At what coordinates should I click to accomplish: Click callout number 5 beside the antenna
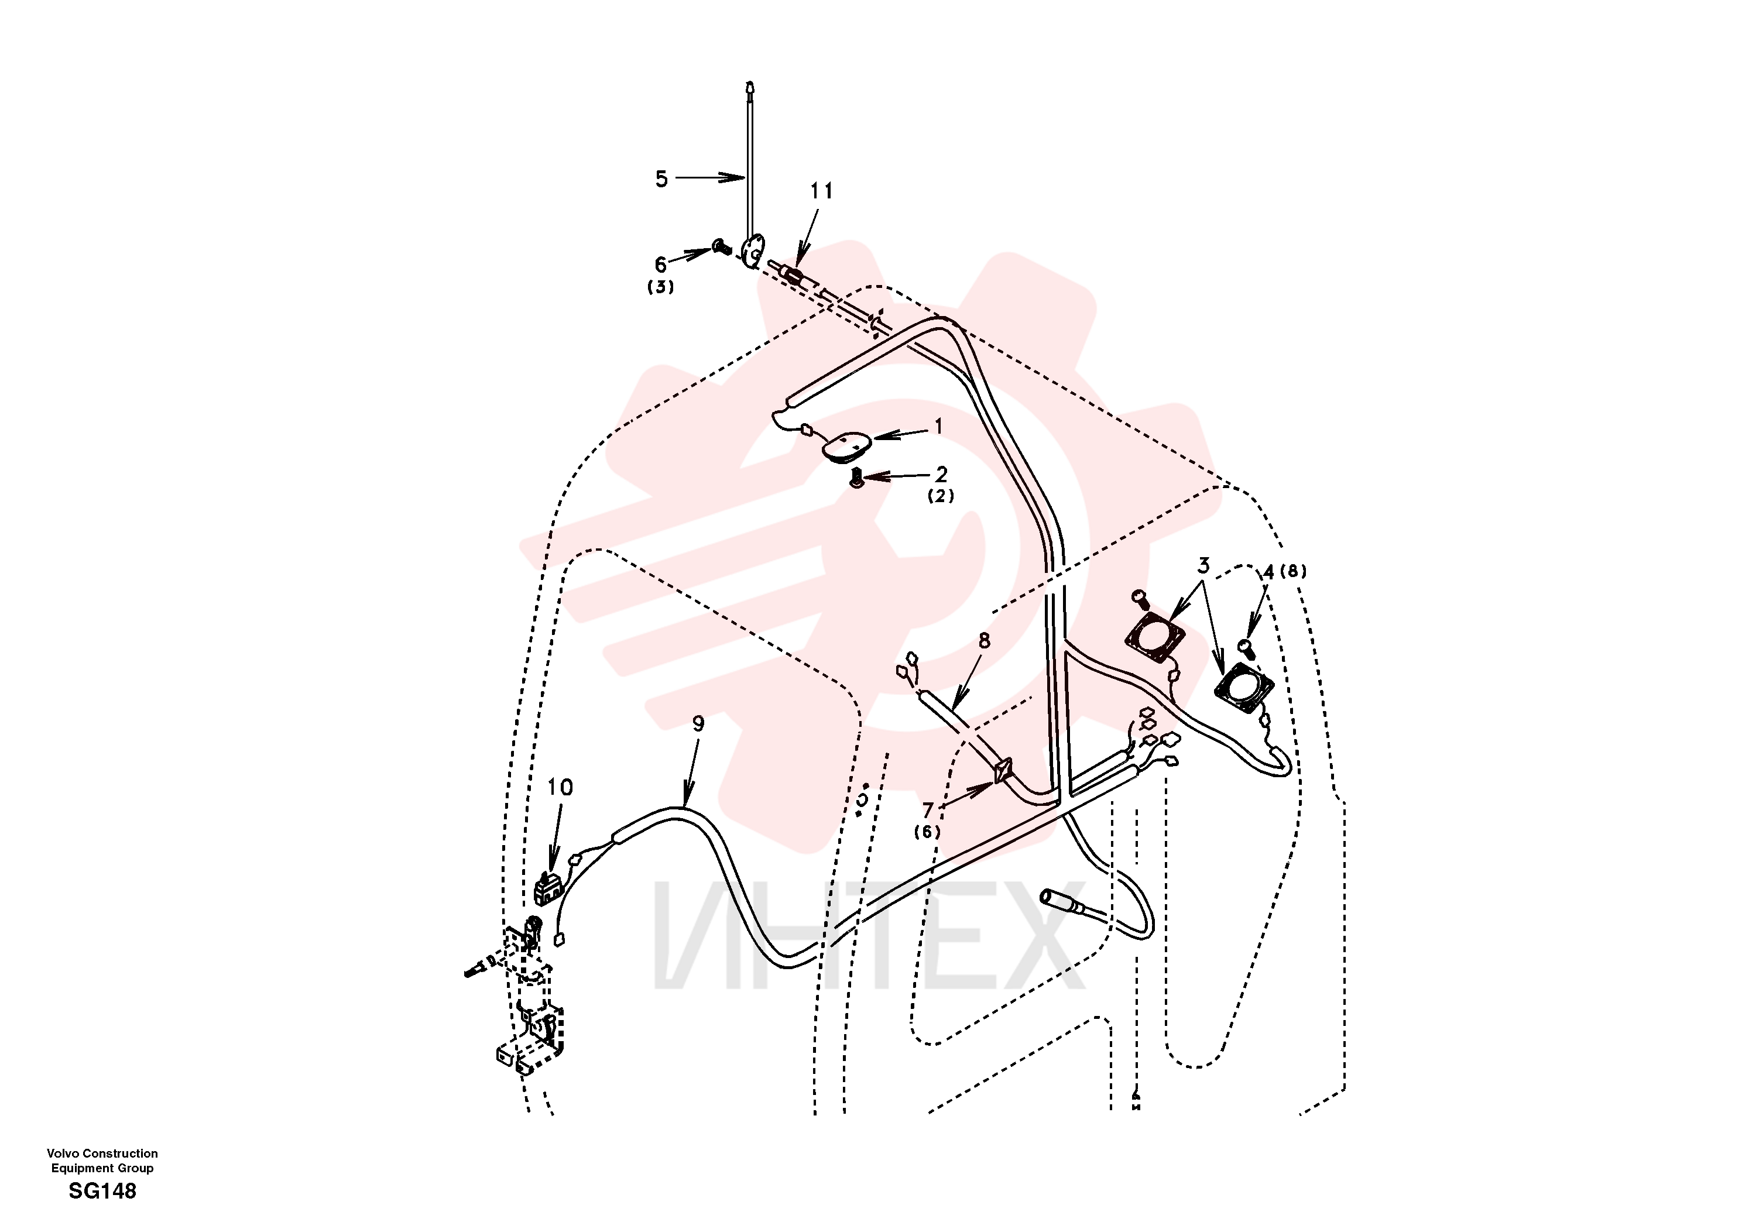point(661,179)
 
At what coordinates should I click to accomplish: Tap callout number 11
point(822,191)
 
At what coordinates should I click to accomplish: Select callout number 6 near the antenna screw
point(661,265)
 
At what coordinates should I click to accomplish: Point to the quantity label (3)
point(661,287)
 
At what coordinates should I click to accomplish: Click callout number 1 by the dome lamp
point(938,427)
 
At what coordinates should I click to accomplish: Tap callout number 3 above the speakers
point(1203,565)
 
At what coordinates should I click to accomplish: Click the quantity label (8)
point(1294,571)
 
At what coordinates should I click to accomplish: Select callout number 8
point(985,640)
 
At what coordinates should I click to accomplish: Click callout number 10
point(560,788)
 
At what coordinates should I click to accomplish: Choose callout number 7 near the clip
point(927,811)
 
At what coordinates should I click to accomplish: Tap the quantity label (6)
point(927,832)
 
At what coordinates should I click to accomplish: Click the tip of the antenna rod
point(750,82)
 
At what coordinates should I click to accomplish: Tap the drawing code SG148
point(102,1191)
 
